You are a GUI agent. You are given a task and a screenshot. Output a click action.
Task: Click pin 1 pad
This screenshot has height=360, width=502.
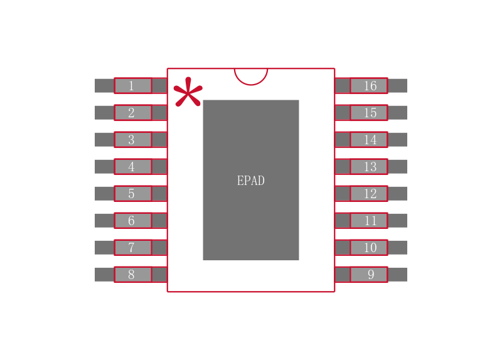[x=132, y=85]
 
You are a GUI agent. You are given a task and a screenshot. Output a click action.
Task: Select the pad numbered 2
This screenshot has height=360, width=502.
[x=132, y=113]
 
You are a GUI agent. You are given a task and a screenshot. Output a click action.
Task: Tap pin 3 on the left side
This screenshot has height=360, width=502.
[x=132, y=140]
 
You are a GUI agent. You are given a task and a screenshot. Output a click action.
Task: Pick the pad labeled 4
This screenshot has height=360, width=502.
[x=132, y=167]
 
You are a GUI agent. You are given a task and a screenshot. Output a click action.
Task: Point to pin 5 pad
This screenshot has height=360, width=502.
[x=132, y=194]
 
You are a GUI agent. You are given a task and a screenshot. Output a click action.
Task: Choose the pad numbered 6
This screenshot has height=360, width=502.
[x=132, y=221]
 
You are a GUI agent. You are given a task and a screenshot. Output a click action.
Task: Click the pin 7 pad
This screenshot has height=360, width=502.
[x=132, y=248]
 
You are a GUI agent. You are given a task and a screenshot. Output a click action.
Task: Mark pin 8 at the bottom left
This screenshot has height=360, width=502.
[x=132, y=275]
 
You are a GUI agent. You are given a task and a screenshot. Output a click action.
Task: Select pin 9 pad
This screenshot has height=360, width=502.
[x=369, y=275]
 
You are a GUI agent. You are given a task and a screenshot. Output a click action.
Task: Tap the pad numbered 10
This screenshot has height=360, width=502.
[x=369, y=248]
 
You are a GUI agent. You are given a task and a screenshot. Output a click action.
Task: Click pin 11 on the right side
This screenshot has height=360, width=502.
[x=369, y=221]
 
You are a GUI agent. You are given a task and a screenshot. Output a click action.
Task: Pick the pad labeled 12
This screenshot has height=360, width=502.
[x=369, y=194]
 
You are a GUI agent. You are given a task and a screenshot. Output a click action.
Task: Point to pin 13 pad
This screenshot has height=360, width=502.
[x=369, y=167]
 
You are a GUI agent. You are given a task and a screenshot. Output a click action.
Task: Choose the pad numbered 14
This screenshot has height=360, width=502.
[x=369, y=140]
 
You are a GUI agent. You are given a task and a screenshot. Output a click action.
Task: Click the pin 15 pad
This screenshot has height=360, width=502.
[x=369, y=113]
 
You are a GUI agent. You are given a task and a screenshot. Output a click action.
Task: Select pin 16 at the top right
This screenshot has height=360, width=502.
[x=369, y=85]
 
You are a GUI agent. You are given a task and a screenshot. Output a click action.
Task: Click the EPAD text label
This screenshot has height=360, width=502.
[x=251, y=181]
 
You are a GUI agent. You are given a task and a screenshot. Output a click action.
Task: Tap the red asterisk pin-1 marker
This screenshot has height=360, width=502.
[x=188, y=93]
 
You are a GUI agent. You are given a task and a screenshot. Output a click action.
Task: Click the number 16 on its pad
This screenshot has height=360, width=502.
[x=370, y=86]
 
